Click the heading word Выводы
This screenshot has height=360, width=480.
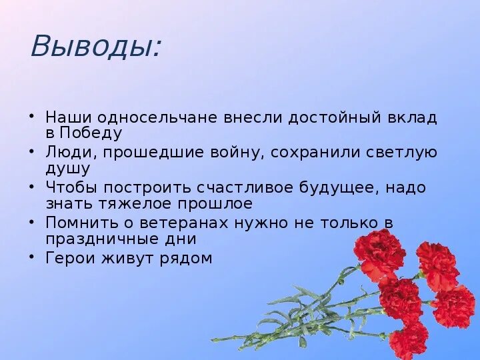(95, 47)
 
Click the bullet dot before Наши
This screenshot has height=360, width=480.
(33, 115)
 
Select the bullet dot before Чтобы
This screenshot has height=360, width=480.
(33, 185)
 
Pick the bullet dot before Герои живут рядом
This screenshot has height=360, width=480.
(33, 255)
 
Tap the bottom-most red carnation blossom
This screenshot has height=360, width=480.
(408, 340)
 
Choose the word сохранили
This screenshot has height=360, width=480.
(316, 153)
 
